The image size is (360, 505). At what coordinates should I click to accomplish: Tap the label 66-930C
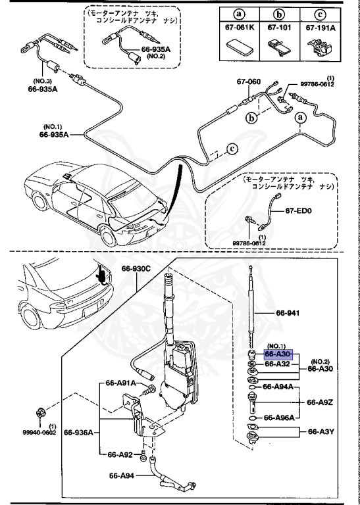click(x=136, y=268)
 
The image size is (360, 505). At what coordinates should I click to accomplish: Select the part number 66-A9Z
click(x=320, y=401)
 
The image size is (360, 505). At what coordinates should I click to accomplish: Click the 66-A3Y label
click(x=320, y=432)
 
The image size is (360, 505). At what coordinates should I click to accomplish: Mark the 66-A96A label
click(x=279, y=417)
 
